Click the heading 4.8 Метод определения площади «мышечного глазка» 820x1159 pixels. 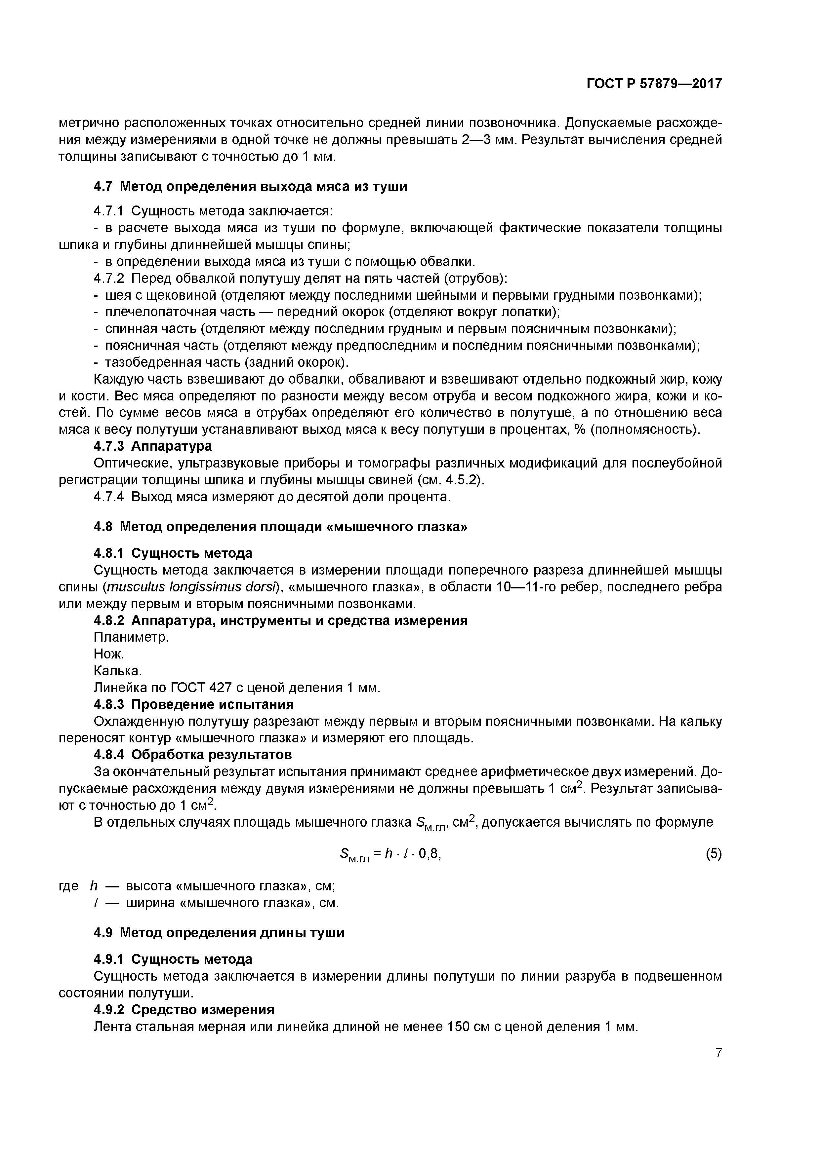coord(280,527)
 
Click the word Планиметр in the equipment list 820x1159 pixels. coord(131,638)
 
